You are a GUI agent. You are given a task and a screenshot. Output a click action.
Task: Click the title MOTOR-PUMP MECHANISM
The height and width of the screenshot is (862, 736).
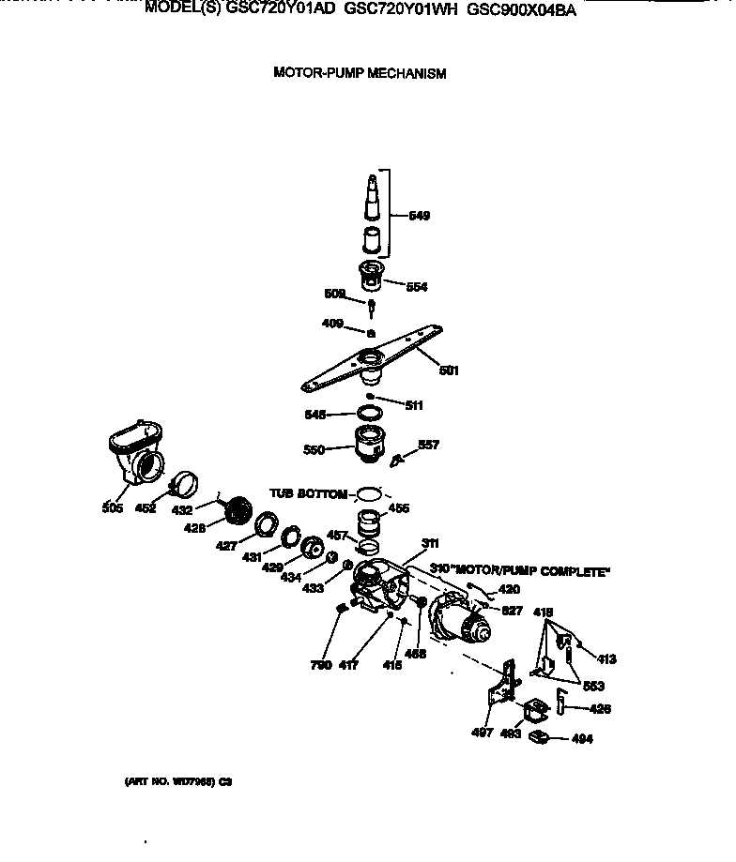pos(359,72)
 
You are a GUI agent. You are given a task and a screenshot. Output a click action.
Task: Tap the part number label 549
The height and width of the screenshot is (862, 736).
pos(420,216)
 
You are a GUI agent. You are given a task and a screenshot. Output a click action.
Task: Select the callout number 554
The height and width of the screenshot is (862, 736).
pos(418,287)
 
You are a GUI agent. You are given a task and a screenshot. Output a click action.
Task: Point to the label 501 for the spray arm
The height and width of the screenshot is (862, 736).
pos(449,371)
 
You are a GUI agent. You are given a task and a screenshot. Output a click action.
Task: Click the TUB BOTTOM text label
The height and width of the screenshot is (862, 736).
pos(308,492)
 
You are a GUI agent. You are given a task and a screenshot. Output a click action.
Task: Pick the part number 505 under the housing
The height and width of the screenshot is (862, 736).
pos(113,508)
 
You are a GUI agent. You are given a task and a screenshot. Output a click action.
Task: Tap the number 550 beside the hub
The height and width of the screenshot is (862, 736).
pos(314,450)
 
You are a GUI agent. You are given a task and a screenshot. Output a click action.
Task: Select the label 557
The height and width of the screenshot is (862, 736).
pos(428,445)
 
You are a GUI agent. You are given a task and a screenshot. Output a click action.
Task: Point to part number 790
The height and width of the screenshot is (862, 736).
pos(322,665)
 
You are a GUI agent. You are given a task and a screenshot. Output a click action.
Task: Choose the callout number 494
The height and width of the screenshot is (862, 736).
pos(582,739)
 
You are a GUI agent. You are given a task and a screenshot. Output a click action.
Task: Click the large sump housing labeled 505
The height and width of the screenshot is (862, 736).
pos(135,453)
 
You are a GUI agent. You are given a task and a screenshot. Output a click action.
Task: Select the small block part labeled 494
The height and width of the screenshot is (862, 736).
pos(540,736)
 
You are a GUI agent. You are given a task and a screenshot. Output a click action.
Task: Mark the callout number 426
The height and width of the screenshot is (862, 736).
pos(599,709)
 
